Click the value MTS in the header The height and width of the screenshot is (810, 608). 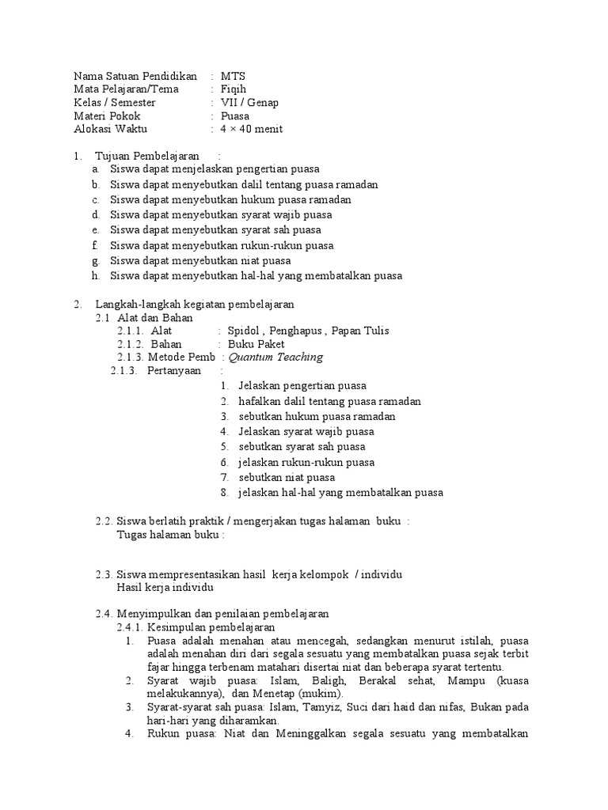(x=233, y=76)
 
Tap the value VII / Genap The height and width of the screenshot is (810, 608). (x=249, y=103)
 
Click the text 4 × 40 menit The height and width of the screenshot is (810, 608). (x=252, y=130)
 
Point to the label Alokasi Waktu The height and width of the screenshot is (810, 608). (x=110, y=130)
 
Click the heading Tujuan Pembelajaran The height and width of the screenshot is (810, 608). (x=146, y=157)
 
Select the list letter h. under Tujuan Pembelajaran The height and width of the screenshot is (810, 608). (x=95, y=276)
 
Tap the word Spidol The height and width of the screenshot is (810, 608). (x=243, y=331)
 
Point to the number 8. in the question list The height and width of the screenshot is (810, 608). (x=225, y=493)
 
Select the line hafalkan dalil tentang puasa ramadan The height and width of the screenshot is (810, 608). (x=329, y=401)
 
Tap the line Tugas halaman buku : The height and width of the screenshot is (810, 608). (x=171, y=535)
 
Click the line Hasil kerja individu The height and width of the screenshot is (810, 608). (x=165, y=588)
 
